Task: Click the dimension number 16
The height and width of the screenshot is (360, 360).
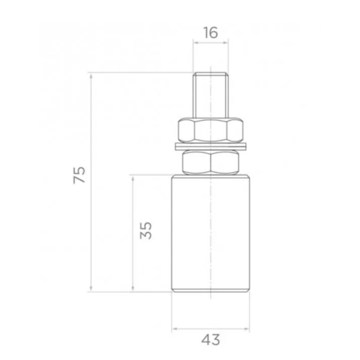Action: point(210,33)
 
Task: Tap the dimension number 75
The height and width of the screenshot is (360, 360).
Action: point(79,175)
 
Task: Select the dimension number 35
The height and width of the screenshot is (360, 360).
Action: point(145,231)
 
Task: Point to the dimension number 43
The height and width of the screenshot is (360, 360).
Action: point(210,340)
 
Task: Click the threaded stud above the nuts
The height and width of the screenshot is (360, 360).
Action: point(210,95)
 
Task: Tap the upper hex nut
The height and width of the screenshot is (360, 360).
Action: point(210,130)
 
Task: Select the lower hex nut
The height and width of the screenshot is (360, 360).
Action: point(210,162)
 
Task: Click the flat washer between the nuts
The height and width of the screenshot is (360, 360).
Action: point(210,146)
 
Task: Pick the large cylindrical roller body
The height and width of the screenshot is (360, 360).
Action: point(210,234)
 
